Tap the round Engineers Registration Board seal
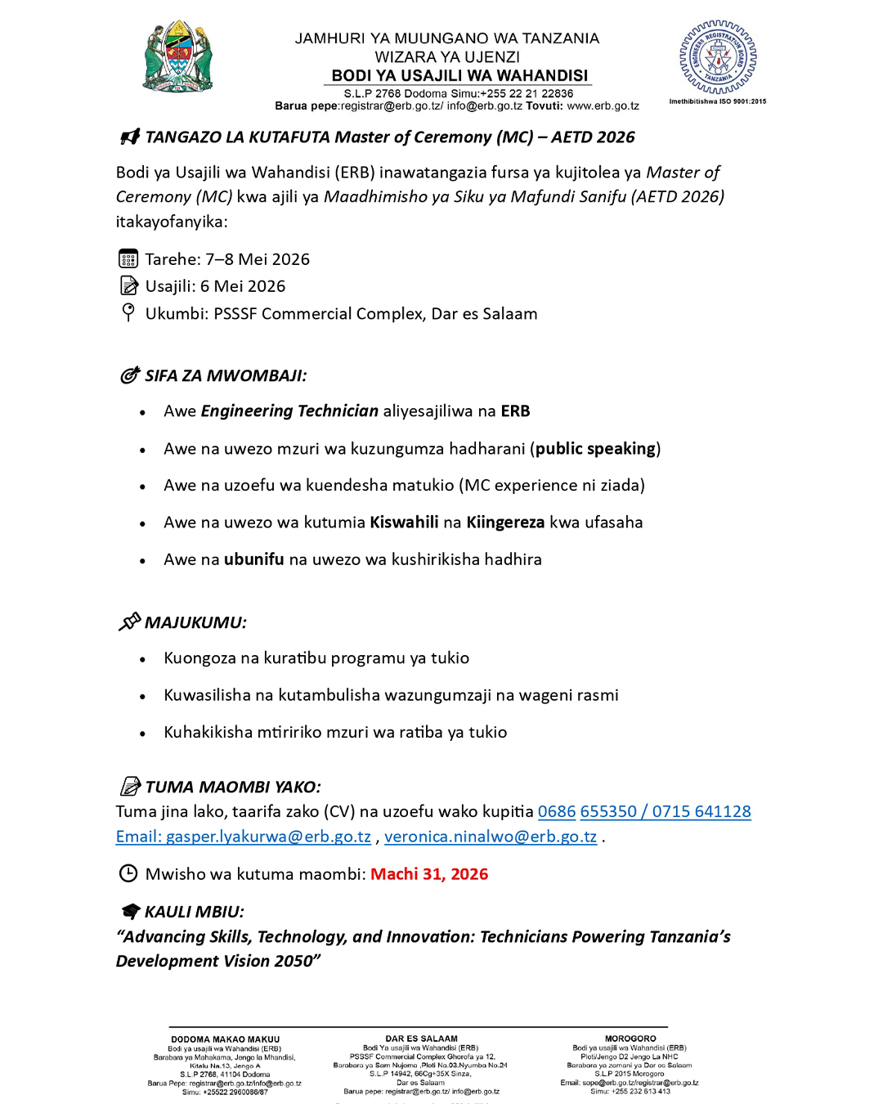tap(718, 57)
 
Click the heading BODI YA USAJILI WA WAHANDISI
tap(459, 76)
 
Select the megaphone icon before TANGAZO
tap(130, 137)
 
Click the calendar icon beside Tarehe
tap(128, 259)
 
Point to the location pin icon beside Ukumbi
tap(128, 312)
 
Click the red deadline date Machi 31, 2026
tap(429, 874)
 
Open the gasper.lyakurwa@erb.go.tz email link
tap(244, 837)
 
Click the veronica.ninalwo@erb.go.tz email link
tap(491, 837)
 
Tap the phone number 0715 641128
tap(701, 812)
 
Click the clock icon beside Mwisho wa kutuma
tap(128, 873)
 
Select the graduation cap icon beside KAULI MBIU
tap(130, 911)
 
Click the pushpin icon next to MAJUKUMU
tap(129, 622)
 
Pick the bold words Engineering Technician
tap(289, 411)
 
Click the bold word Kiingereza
tap(505, 523)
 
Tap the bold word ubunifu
tap(254, 559)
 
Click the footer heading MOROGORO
tap(630, 1039)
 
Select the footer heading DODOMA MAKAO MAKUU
tap(225, 1039)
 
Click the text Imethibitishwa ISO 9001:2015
tap(718, 101)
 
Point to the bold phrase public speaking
tap(596, 449)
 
